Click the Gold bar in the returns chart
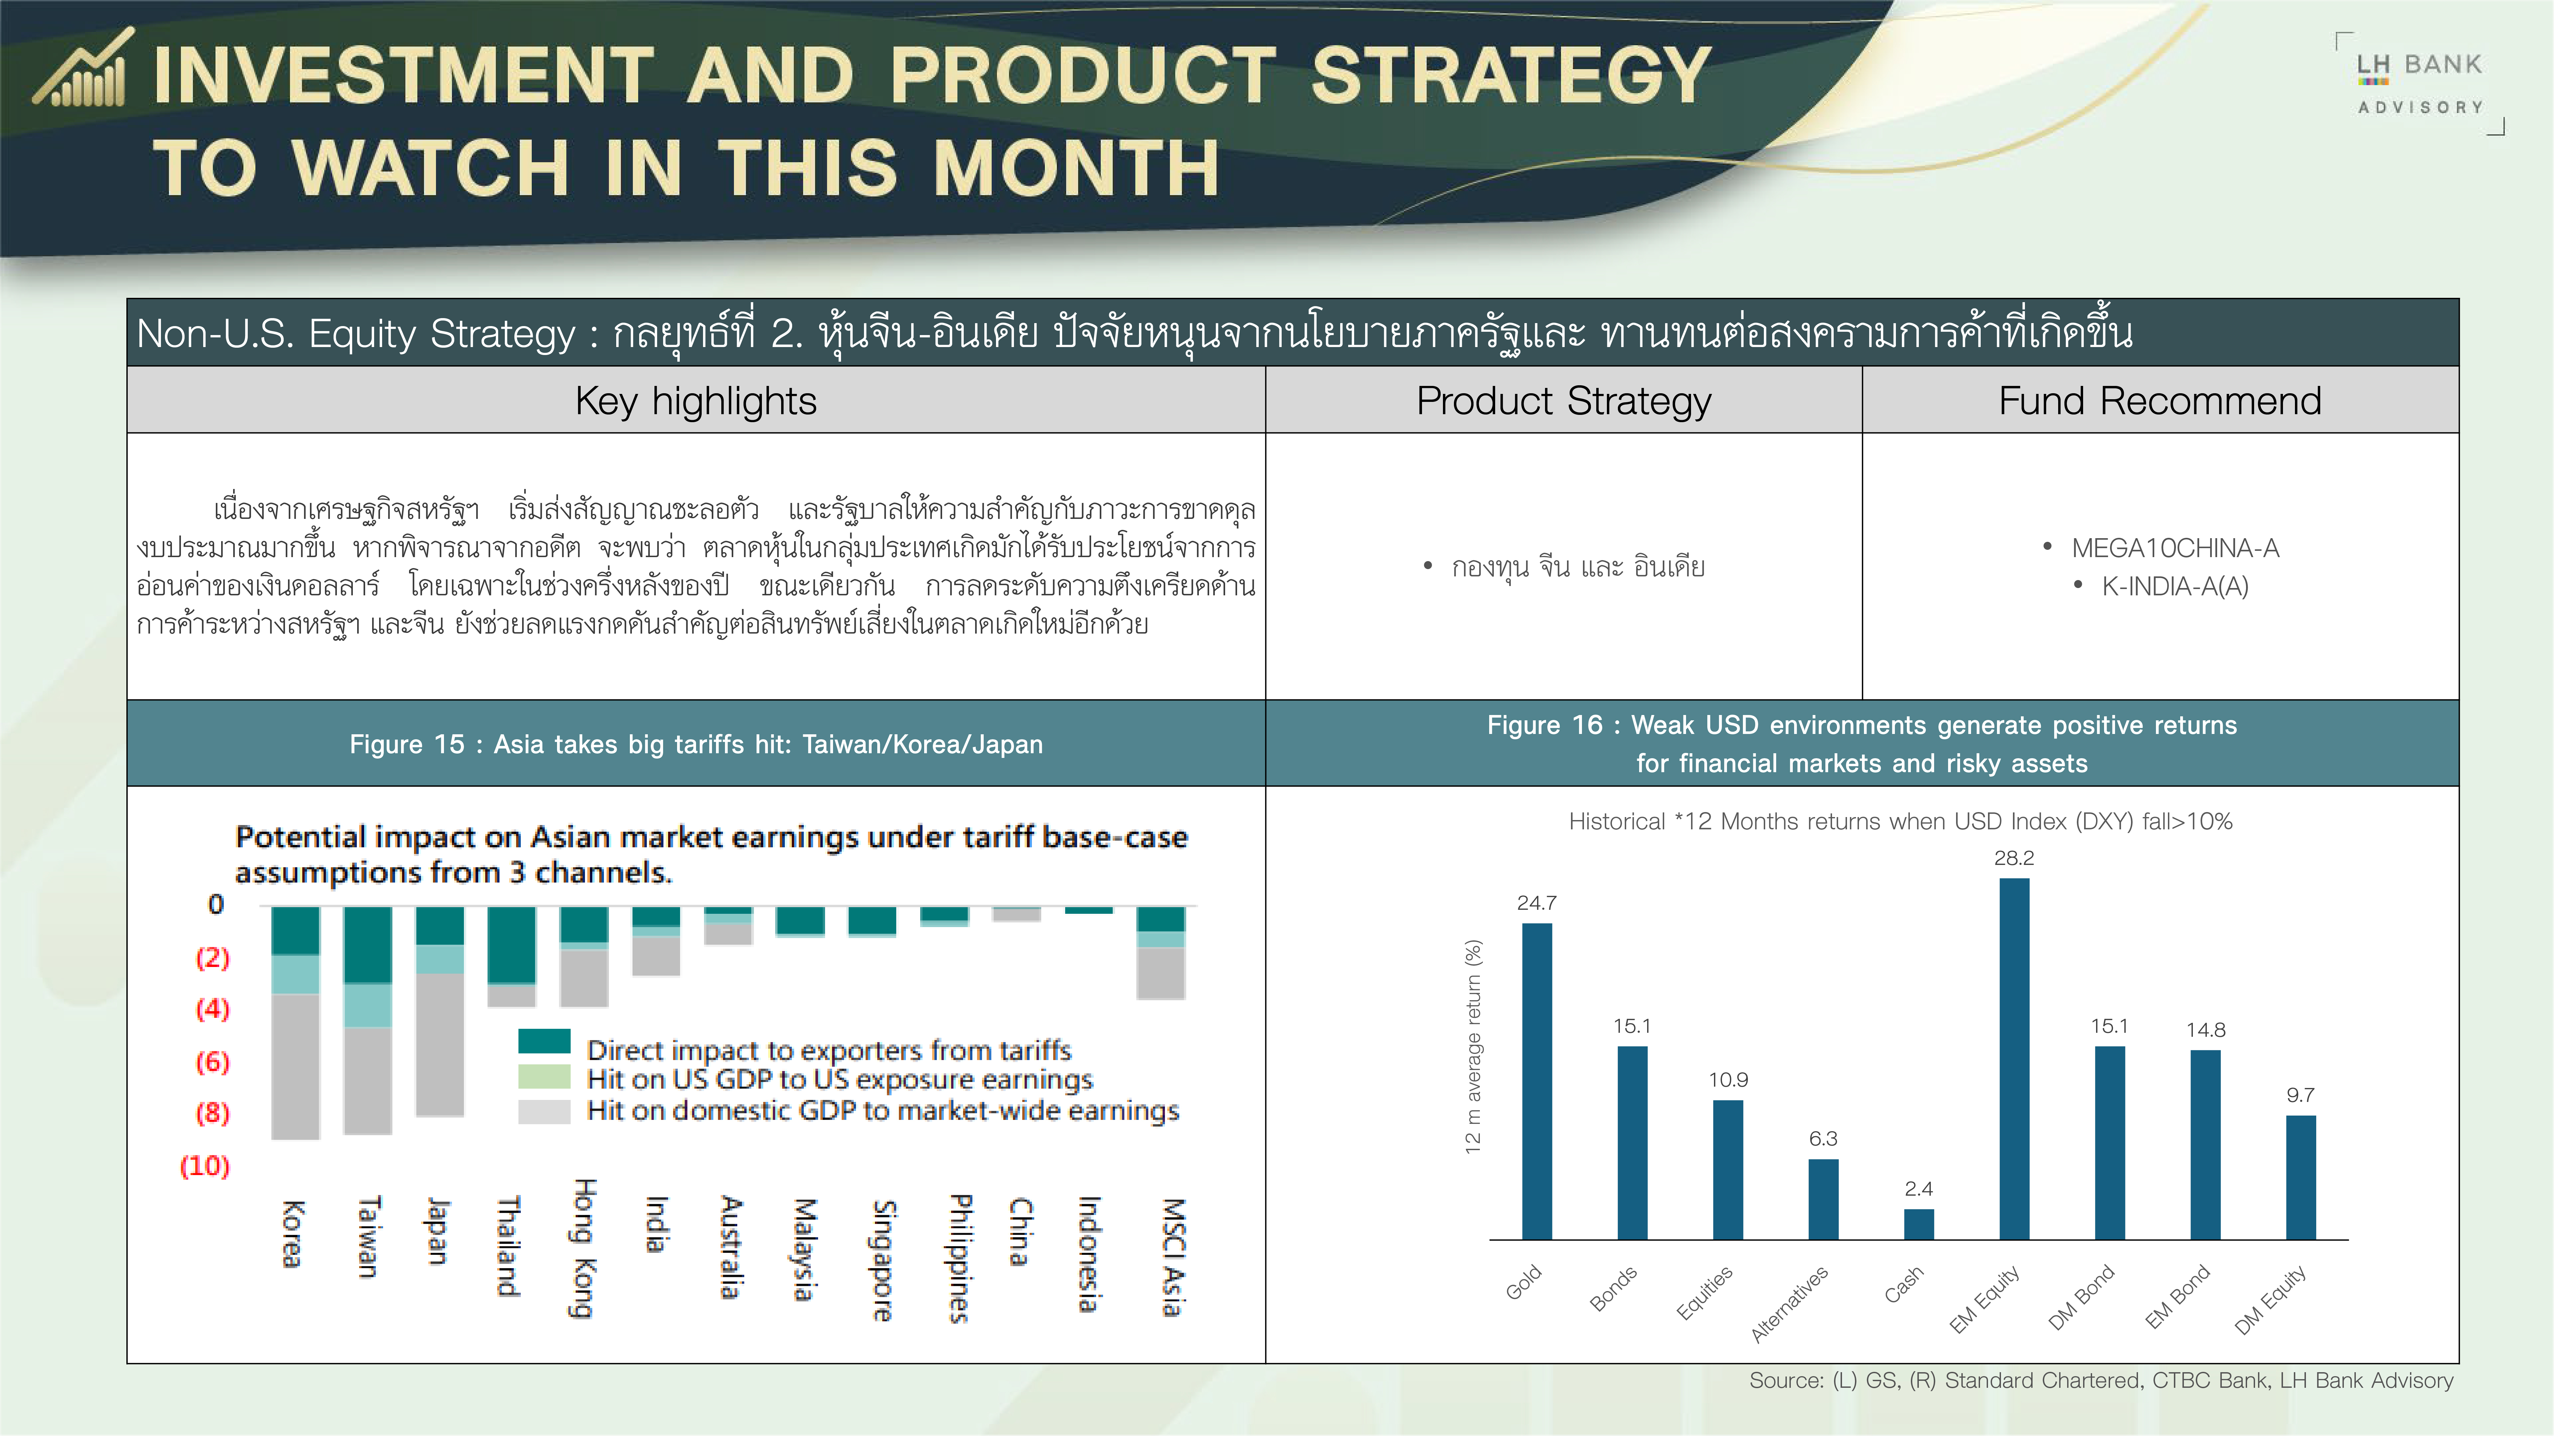pos(1537,1081)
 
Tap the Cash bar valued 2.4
pos(1918,1224)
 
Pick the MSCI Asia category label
pos(1173,1256)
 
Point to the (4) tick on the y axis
pos(212,1009)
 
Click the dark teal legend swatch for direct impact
pos(544,1040)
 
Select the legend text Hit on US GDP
pos(839,1079)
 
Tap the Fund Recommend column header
pos(2159,400)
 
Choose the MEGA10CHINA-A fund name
pos(2175,548)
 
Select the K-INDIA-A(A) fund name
pos(2175,587)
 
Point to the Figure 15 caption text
pos(696,744)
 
